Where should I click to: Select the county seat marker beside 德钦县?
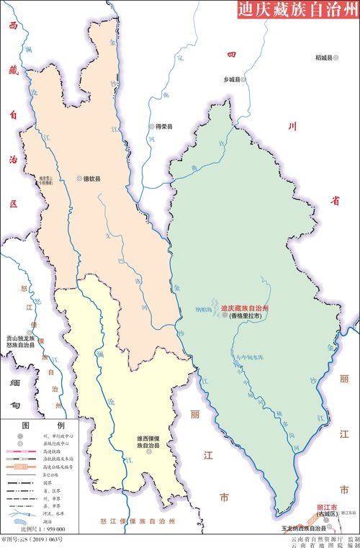point(78,178)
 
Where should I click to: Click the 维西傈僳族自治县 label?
point(149,441)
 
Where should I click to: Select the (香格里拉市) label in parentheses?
point(245,315)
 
